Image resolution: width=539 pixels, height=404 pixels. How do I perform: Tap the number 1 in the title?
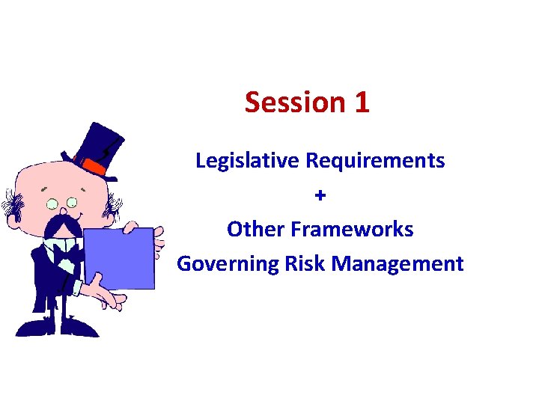point(360,102)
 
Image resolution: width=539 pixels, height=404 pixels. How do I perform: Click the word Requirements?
point(377,160)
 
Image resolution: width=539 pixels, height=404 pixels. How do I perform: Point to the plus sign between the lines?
point(320,195)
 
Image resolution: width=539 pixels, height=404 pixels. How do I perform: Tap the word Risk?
point(303,263)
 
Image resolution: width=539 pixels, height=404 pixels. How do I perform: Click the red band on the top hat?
point(96,165)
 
